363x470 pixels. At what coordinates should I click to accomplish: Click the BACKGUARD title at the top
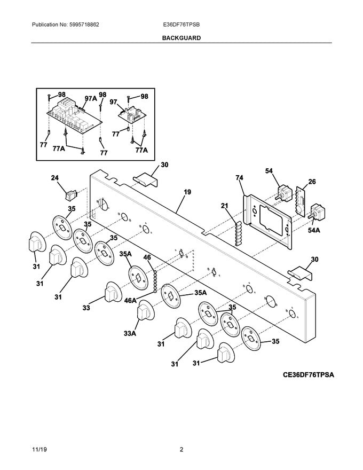181,38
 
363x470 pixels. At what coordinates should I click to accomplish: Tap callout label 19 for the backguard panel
187,191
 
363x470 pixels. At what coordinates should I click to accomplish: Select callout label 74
239,177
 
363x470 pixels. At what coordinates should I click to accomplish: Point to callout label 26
312,182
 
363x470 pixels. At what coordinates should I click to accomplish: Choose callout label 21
225,206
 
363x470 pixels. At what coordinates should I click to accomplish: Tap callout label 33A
129,333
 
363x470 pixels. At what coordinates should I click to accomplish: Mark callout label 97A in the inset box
91,98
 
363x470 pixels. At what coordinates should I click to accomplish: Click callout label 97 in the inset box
113,101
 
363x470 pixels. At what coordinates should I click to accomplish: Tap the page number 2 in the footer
181,450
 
